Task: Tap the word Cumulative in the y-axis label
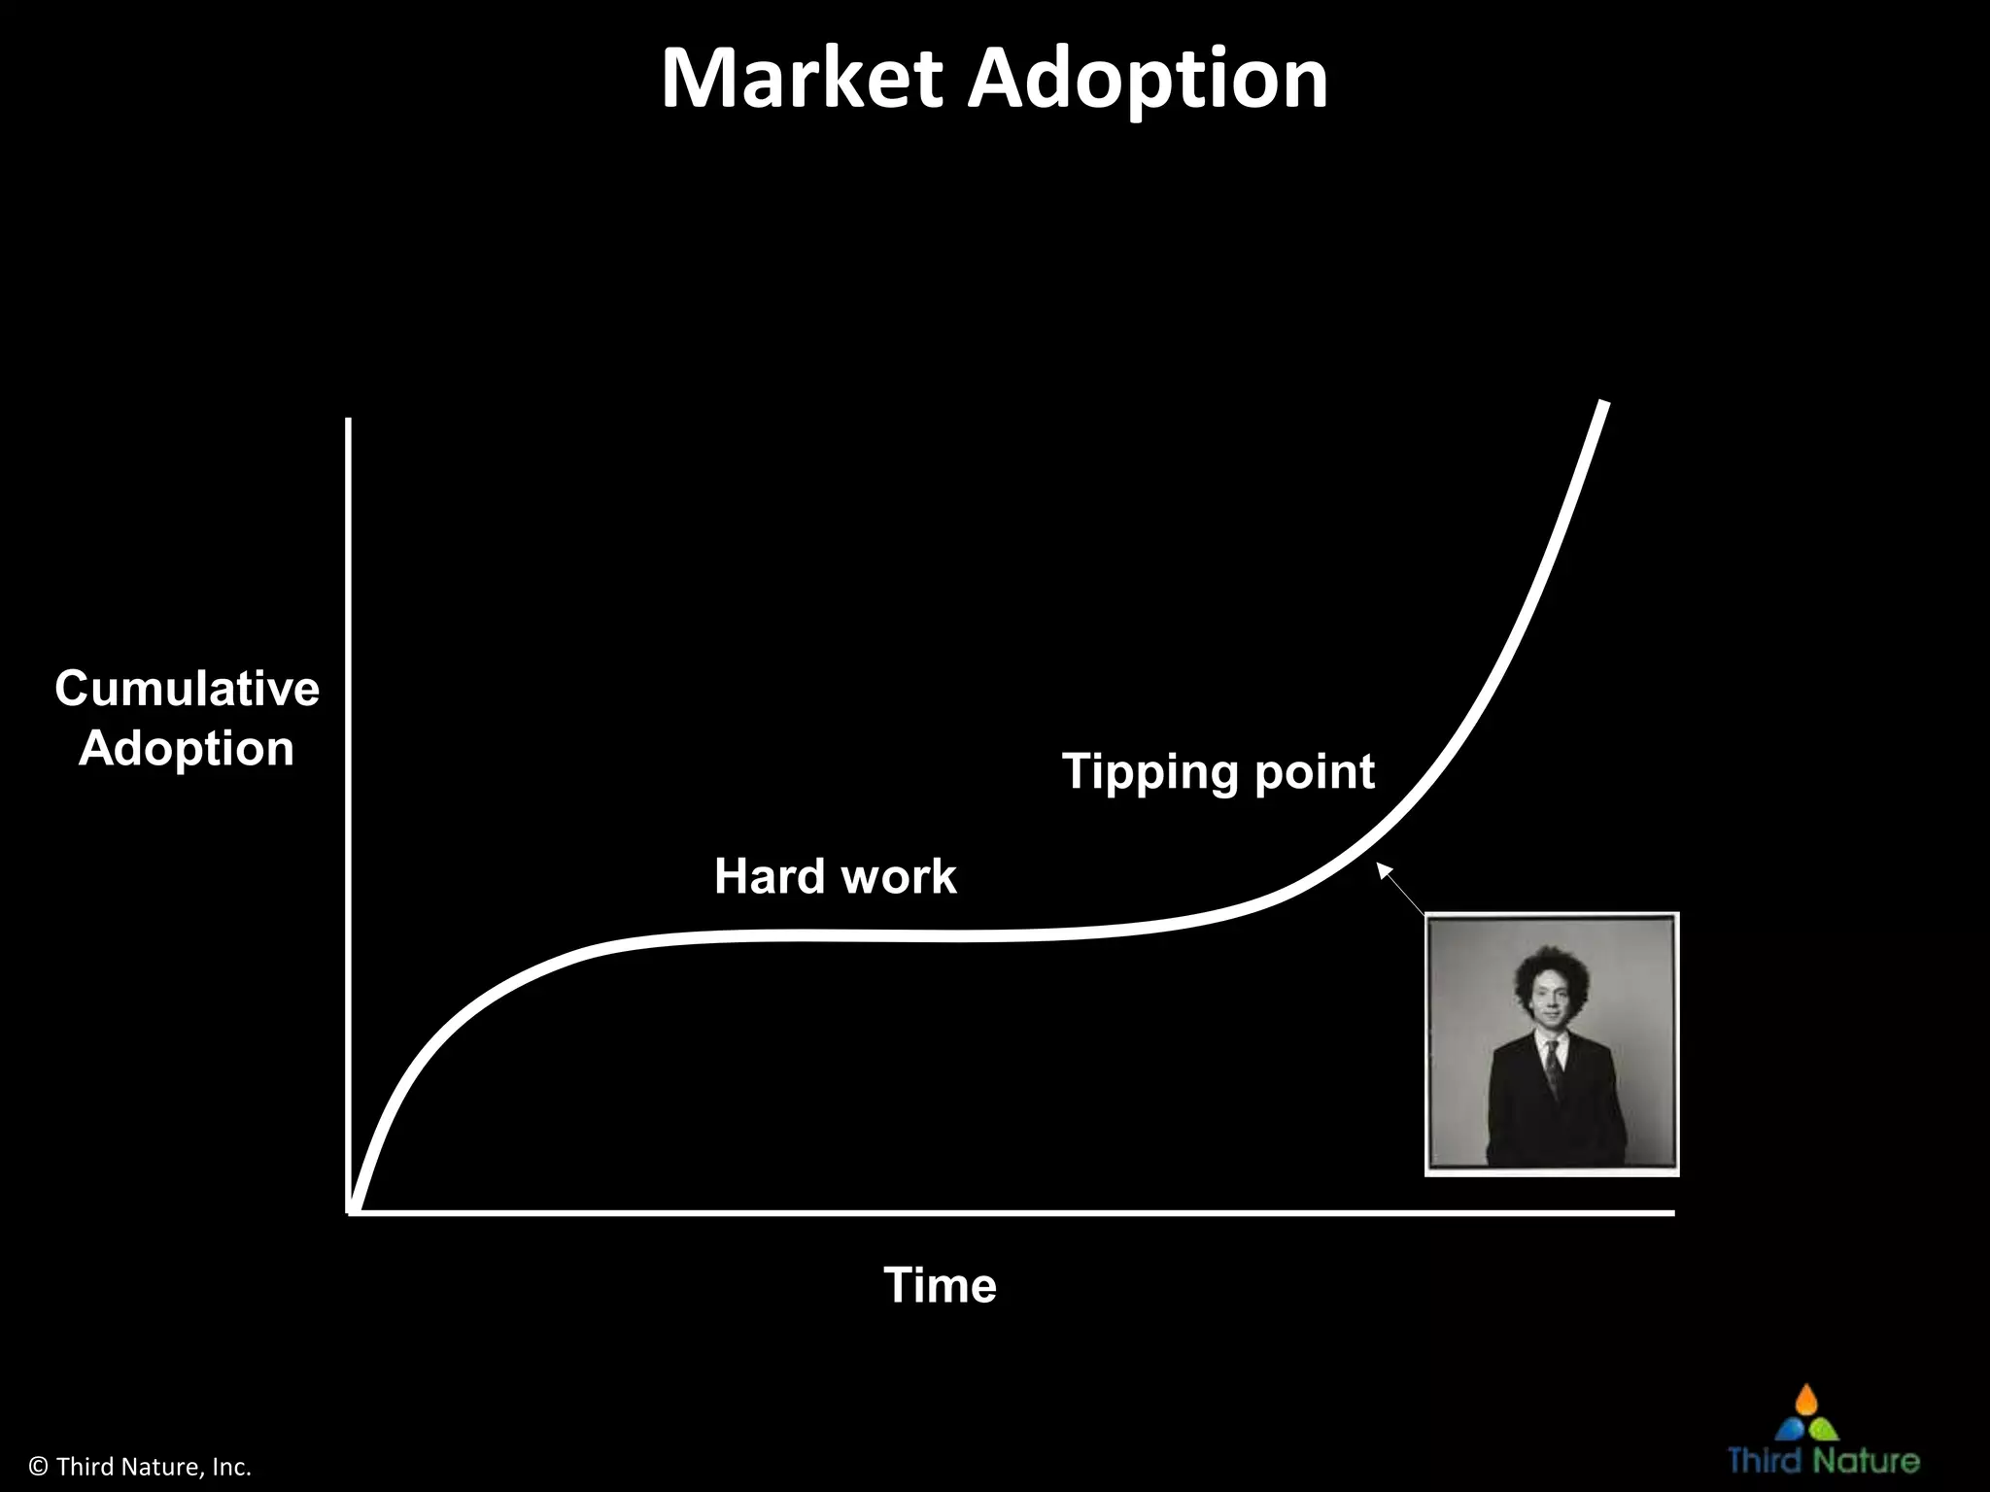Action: click(x=187, y=689)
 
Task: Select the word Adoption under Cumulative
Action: click(x=187, y=749)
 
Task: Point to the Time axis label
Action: click(x=940, y=1285)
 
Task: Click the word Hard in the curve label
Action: click(x=770, y=876)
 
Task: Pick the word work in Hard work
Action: click(x=898, y=876)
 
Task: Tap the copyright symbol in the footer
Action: click(x=39, y=1466)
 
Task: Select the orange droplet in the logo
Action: click(x=1806, y=1399)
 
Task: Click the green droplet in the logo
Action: click(x=1825, y=1430)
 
